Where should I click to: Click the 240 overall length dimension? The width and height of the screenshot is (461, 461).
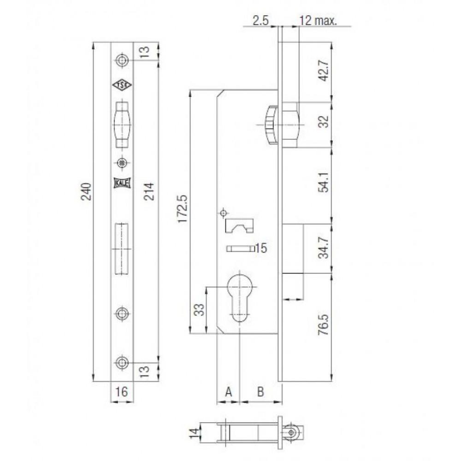coord(86,191)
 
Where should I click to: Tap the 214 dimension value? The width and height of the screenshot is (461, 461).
coord(149,191)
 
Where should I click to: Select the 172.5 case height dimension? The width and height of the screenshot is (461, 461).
coord(183,208)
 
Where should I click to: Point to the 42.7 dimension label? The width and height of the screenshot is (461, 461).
coord(324,70)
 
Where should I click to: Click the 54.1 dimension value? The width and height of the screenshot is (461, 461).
coord(324,182)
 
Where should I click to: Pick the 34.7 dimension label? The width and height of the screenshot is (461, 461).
coord(324,248)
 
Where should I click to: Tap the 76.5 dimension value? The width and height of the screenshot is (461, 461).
coord(324,325)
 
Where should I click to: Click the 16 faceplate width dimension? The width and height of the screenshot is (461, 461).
coord(121,391)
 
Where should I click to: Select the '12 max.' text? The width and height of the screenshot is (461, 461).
coord(318,21)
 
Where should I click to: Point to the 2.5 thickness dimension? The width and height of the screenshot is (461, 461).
coord(261,21)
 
